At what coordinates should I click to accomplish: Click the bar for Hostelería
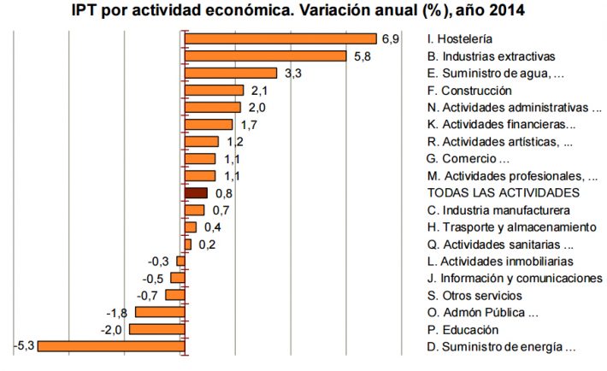280,38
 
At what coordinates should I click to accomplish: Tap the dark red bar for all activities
196,193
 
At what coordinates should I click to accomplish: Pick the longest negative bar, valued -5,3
110,346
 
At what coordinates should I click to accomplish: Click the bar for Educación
156,329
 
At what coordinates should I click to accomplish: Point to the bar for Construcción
214,90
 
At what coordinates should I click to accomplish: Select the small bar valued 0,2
187,244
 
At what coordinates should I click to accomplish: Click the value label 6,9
391,38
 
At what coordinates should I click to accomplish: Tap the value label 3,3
292,74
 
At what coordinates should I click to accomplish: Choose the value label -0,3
158,262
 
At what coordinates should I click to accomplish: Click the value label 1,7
249,125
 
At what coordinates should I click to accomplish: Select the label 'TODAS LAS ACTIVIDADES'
503,193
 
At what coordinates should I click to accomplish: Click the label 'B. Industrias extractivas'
491,56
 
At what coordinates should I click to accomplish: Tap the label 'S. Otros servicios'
474,296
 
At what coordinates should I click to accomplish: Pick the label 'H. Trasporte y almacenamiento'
511,227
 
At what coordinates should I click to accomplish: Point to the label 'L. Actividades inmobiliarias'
499,262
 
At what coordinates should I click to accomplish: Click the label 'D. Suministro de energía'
501,347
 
